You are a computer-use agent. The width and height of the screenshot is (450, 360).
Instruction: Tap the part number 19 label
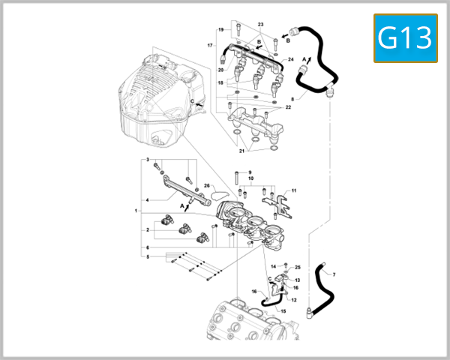click(x=221, y=29)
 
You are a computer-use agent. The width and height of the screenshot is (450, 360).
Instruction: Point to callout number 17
click(x=211, y=45)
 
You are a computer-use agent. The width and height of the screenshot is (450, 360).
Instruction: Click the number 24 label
click(x=290, y=58)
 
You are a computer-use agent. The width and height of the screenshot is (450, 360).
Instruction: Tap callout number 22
click(x=289, y=106)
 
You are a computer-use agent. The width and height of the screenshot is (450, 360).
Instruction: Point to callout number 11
click(x=294, y=190)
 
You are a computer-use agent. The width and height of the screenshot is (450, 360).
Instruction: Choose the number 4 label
click(x=148, y=200)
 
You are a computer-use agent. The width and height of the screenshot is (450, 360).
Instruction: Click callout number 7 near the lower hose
click(x=334, y=274)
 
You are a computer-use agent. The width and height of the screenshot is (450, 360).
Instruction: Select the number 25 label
click(x=297, y=267)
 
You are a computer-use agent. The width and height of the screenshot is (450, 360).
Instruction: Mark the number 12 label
click(x=294, y=300)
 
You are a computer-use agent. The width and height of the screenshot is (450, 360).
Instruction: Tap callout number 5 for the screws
click(x=148, y=256)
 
